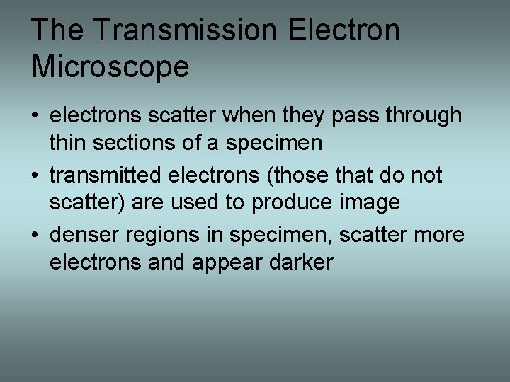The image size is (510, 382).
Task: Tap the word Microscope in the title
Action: (110, 67)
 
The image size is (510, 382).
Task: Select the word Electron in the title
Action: (344, 30)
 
